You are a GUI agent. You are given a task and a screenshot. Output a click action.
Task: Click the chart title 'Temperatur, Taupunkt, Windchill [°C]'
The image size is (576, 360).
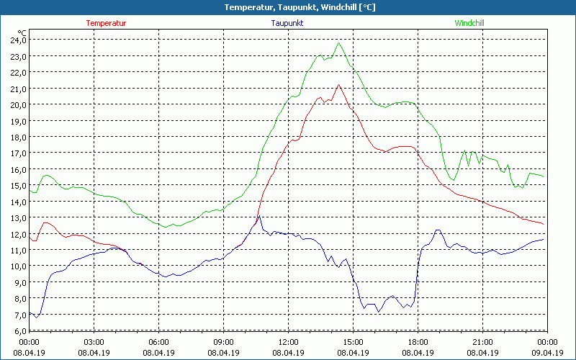click(288, 7)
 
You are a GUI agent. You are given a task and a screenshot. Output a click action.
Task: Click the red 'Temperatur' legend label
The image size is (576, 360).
click(106, 23)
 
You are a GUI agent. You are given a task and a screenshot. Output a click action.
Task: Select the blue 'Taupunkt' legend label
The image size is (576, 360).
click(287, 23)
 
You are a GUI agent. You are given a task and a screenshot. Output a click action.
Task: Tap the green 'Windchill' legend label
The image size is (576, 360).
click(469, 23)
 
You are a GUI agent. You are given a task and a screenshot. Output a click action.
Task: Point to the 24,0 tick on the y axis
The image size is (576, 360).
click(17, 40)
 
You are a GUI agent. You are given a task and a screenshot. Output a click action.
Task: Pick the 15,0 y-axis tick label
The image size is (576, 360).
click(17, 186)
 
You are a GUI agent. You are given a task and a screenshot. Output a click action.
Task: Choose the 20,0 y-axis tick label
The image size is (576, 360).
click(17, 105)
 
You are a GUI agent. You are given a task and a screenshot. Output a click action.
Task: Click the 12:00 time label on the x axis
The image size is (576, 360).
click(288, 342)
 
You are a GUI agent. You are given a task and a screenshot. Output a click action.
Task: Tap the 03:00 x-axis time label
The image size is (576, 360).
click(94, 342)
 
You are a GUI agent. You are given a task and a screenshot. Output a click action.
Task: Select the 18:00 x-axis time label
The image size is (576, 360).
click(418, 342)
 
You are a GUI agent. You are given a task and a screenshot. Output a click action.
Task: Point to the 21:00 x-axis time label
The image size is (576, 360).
click(482, 342)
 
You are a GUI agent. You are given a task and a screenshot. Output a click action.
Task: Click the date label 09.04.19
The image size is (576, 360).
click(547, 353)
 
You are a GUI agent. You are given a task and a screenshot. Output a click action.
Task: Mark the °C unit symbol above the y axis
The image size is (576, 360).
click(22, 32)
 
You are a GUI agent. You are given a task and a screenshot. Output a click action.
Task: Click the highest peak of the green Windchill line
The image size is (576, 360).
click(338, 43)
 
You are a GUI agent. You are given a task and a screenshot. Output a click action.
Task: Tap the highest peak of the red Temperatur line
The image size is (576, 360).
click(338, 85)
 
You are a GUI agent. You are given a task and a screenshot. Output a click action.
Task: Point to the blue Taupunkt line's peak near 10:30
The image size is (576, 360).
click(258, 216)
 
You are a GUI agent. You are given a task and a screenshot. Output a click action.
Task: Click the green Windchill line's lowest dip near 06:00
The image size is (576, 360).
click(166, 227)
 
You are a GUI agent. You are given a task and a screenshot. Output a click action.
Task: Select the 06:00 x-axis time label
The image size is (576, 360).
click(158, 342)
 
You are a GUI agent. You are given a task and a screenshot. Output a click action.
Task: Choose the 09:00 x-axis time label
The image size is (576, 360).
click(223, 342)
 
